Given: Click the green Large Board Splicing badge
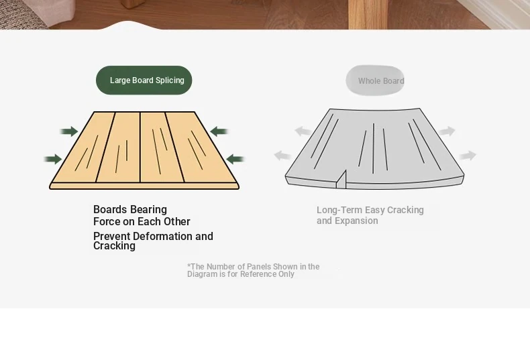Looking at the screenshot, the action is pos(144,80).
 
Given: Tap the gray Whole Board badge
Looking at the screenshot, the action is pos(375,80).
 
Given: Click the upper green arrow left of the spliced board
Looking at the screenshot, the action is pos(69,131).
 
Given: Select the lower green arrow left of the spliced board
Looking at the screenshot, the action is pos(53,159).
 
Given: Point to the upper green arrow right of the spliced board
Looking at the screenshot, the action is pos(219,131).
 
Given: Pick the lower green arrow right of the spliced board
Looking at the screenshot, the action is pos(235,159).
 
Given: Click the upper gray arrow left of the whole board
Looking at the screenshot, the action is pos(303,131).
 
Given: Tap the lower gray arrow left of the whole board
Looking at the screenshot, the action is pos(282,156).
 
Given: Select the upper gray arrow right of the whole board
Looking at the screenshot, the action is pos(447,131).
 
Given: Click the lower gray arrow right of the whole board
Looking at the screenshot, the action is pos(468,156).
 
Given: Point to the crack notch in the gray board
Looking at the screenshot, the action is pos(341,180).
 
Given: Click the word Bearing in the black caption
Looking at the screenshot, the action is pos(149,210).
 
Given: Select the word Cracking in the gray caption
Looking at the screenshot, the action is pos(405,210).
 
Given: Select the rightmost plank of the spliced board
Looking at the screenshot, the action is pos(201,147).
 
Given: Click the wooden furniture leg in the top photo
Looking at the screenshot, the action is pos(368,15).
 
